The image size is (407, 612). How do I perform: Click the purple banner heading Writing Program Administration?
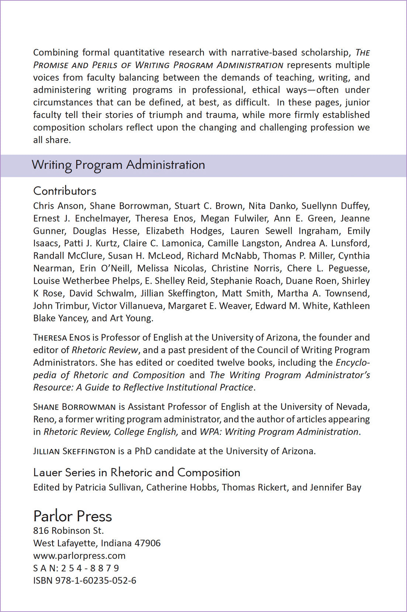click(118, 165)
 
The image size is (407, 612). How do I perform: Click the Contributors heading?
click(65, 191)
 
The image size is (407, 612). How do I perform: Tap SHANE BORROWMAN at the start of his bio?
click(74, 407)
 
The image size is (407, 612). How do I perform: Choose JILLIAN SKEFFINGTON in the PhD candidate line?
click(74, 451)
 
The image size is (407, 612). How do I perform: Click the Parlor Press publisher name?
click(73, 516)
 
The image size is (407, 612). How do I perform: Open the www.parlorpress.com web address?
click(79, 556)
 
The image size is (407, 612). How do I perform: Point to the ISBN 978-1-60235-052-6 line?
click(85, 581)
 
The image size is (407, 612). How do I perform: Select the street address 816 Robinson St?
click(69, 531)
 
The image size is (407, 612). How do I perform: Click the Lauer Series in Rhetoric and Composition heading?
click(136, 473)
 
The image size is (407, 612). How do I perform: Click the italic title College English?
click(146, 432)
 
